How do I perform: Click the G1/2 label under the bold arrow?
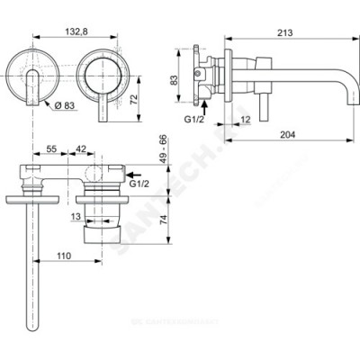point(138,184)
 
